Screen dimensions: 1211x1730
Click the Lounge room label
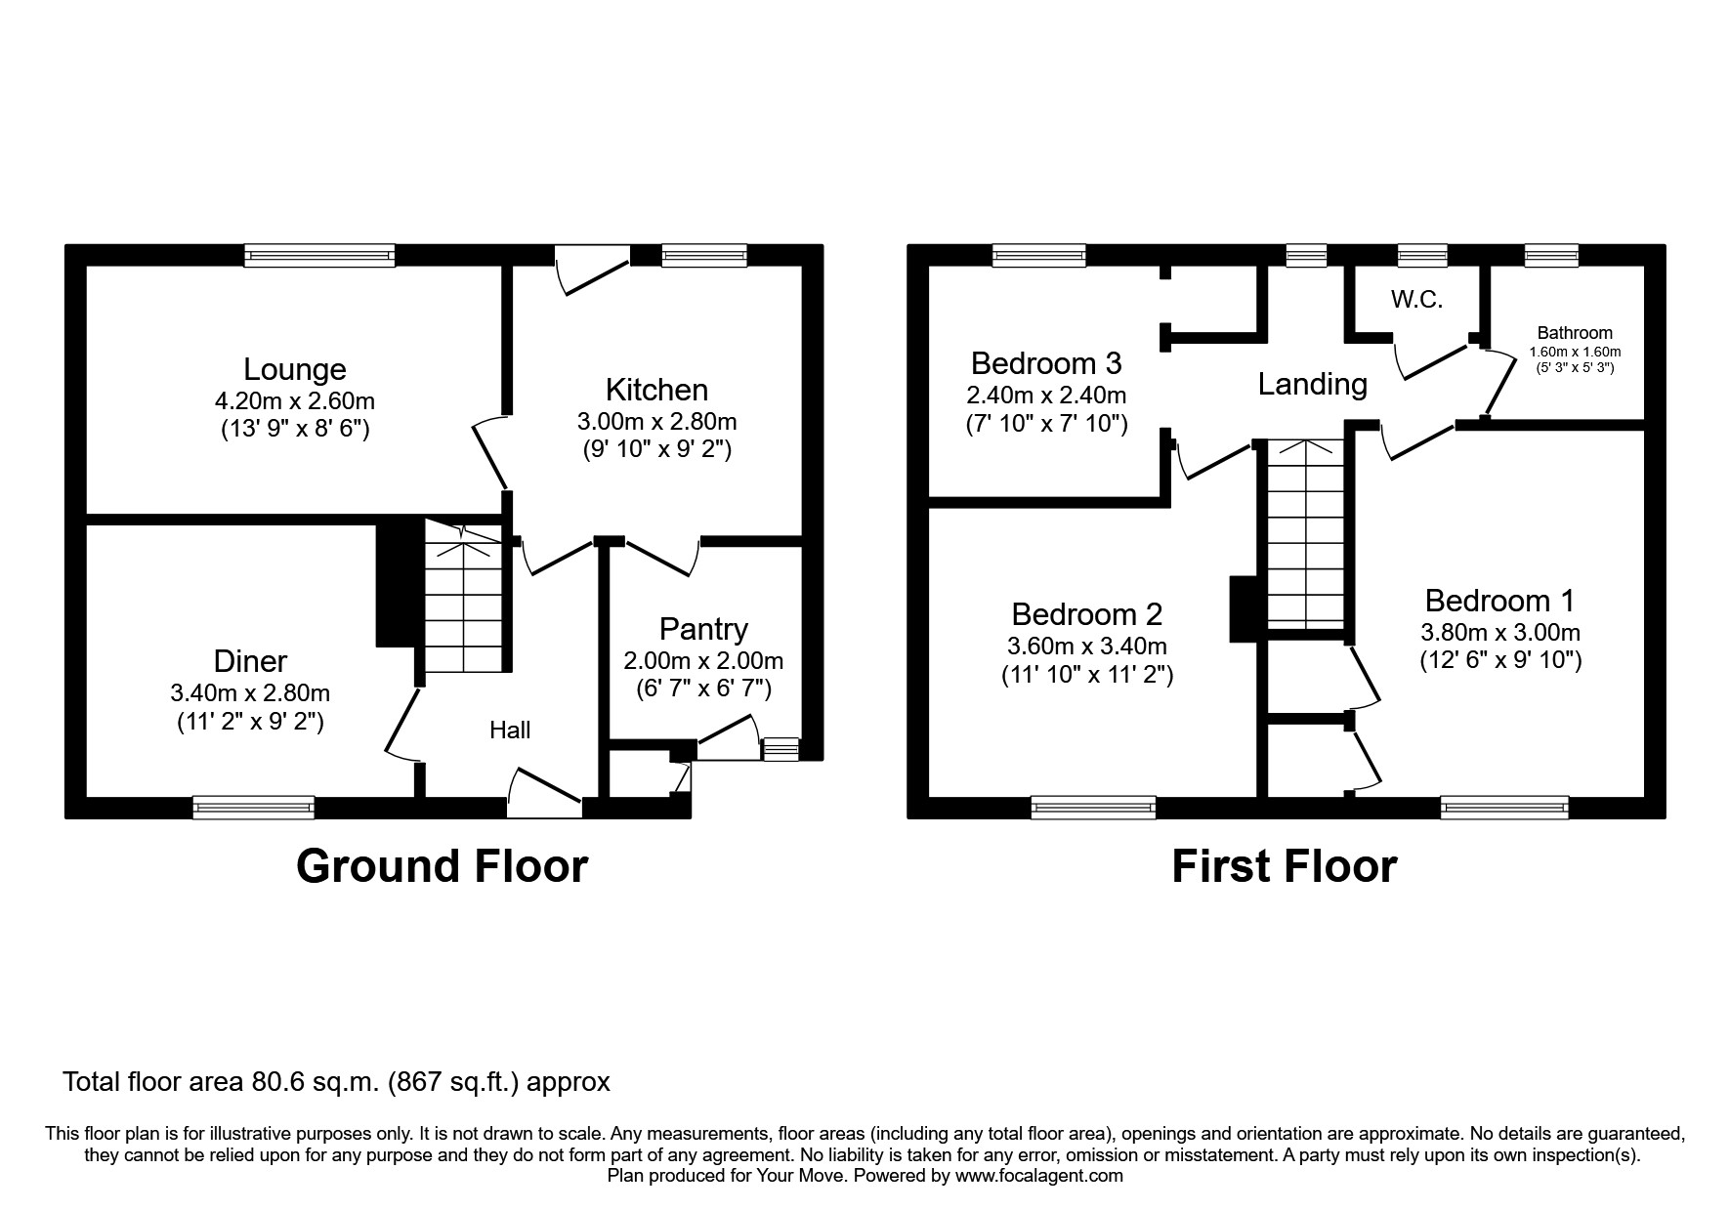tap(294, 369)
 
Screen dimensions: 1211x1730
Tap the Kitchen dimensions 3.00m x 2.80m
tap(656, 422)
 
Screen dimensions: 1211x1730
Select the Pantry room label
tap(703, 629)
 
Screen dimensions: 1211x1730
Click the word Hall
tap(510, 731)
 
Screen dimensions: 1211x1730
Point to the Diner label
tap(250, 661)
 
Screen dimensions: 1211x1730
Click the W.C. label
tap(1416, 300)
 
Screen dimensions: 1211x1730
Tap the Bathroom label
tap(1574, 333)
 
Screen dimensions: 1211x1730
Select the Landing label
tap(1312, 384)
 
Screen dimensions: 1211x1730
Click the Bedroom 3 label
tap(1045, 363)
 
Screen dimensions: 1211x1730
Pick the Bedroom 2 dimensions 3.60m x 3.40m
tap(1086, 646)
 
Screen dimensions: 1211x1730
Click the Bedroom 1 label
tap(1499, 600)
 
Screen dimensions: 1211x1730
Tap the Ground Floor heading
tap(442, 866)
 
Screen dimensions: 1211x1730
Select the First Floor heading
tap(1284, 866)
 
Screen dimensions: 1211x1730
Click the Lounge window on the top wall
tap(319, 256)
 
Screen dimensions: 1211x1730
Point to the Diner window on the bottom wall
tap(254, 807)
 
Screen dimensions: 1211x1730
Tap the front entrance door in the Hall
tap(544, 794)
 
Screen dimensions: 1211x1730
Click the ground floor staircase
tap(465, 605)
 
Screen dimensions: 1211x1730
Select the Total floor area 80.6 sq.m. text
tap(336, 1082)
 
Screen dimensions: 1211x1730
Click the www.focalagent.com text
tap(1038, 1176)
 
